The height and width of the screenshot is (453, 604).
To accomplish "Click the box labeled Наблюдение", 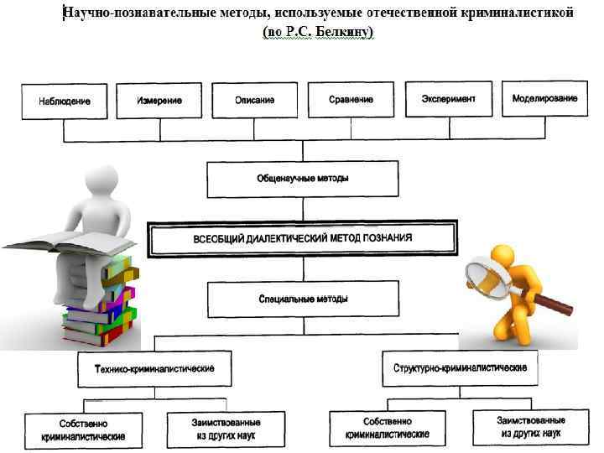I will tap(64, 102).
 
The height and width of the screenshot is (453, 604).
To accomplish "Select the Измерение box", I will tap(159, 101).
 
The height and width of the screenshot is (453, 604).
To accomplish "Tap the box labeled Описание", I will tap(255, 101).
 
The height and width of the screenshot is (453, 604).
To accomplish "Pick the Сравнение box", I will tap(351, 101).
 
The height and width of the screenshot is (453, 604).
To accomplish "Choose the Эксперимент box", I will tap(448, 99).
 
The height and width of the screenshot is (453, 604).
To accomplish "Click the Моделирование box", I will tap(544, 99).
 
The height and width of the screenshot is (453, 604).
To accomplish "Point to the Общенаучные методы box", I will tap(303, 179).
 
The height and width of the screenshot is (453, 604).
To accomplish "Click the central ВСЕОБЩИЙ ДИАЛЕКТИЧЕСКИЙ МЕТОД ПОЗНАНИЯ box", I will tap(303, 238).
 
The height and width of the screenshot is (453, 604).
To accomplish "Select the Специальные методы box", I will tap(303, 299).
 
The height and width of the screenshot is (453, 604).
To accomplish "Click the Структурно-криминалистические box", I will tap(460, 368).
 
